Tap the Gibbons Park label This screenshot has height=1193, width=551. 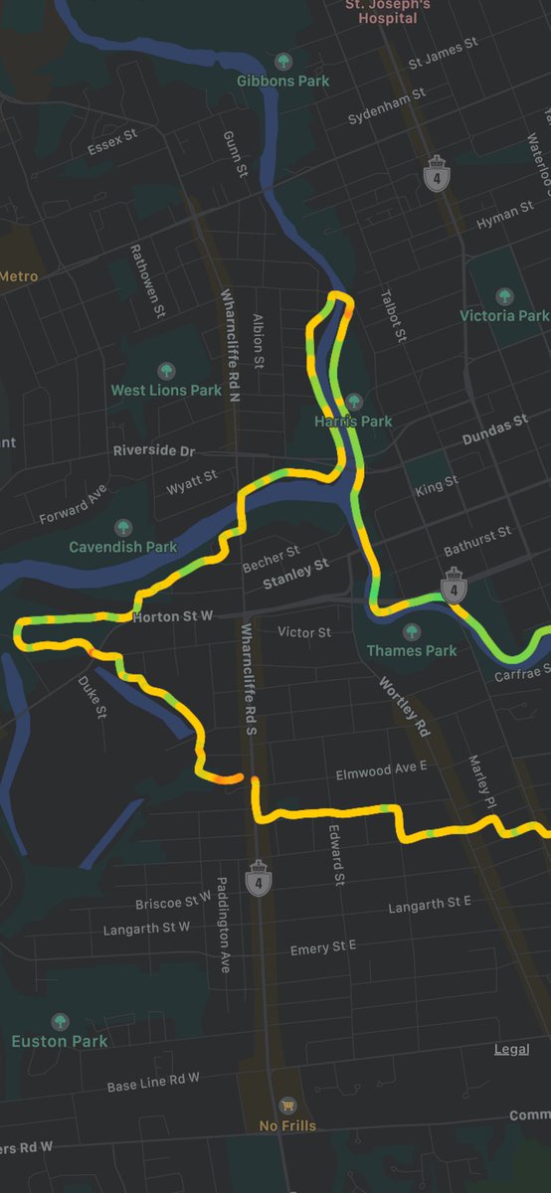pyautogui.click(x=282, y=81)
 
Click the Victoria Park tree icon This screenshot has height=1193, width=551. pyautogui.click(x=504, y=295)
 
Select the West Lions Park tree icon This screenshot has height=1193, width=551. pyautogui.click(x=166, y=370)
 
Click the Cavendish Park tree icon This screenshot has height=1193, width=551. pyautogui.click(x=123, y=527)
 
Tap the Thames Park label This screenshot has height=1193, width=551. pyautogui.click(x=412, y=650)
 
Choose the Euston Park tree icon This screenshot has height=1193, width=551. pyautogui.click(x=60, y=1021)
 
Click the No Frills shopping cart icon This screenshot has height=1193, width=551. pyautogui.click(x=287, y=1106)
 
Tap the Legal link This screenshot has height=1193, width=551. pyautogui.click(x=511, y=1050)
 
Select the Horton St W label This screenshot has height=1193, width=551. pyautogui.click(x=173, y=617)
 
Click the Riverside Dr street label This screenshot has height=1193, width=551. pyautogui.click(x=154, y=450)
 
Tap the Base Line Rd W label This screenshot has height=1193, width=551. pyautogui.click(x=153, y=1081)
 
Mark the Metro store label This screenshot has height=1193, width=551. pyautogui.click(x=19, y=275)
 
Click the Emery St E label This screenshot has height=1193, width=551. pyautogui.click(x=323, y=948)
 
